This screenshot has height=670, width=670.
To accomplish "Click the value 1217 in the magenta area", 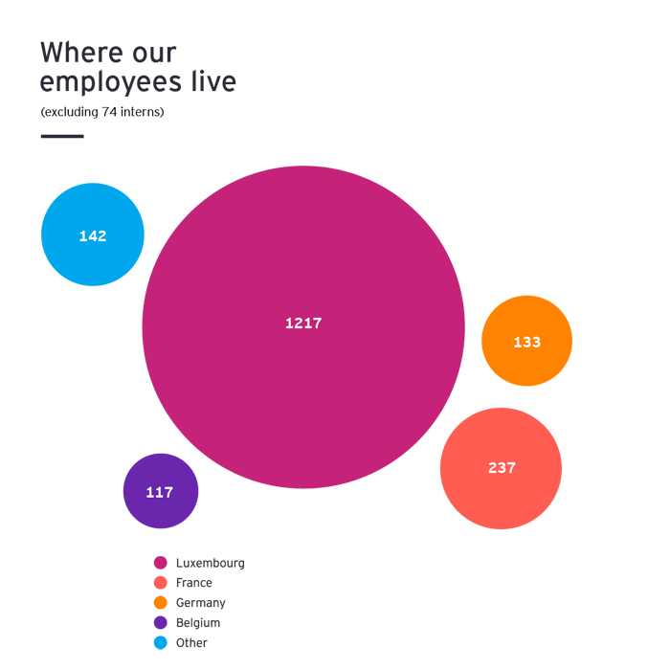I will click(x=303, y=324).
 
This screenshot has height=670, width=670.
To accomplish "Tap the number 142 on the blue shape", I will click(x=93, y=236).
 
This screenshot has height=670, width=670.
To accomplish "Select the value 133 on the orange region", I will click(x=527, y=342).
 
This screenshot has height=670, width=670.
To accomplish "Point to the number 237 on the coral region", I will click(x=502, y=468).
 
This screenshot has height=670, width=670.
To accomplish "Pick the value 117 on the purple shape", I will click(x=160, y=493).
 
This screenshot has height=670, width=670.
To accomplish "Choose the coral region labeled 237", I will click(x=488, y=536).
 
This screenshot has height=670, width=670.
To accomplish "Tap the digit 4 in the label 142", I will click(x=93, y=236).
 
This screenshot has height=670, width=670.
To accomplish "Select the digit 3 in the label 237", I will click(x=502, y=468).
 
